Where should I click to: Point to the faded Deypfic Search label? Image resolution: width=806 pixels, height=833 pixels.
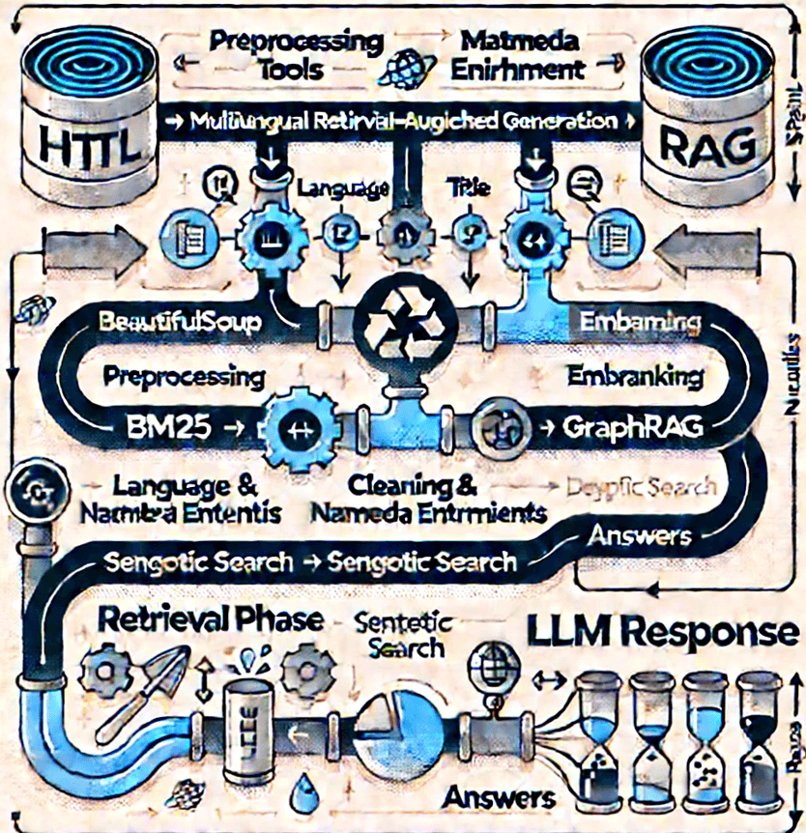(642, 487)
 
